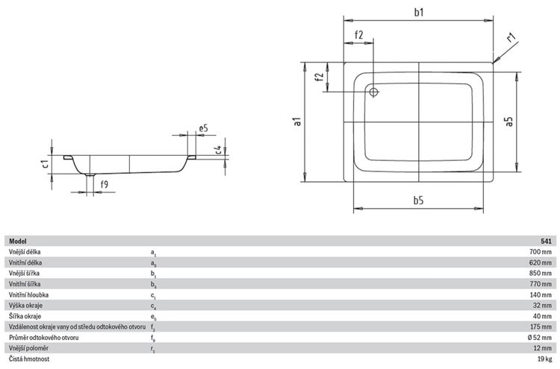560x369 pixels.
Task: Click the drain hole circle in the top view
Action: (373, 92)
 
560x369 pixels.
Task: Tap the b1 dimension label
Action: (419, 12)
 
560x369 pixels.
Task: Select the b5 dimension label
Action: (418, 201)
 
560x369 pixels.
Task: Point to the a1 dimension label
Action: (297, 122)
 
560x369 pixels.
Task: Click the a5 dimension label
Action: (509, 122)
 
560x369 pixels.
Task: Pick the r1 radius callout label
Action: (511, 37)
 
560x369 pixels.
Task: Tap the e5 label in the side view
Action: (203, 128)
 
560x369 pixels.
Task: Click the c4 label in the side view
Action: (219, 150)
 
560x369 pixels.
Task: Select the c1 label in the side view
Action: (45, 164)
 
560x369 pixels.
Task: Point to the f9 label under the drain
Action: (104, 184)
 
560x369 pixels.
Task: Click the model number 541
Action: (546, 242)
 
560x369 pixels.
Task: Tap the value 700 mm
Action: (541, 252)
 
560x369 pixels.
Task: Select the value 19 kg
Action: (544, 359)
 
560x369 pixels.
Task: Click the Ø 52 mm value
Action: (540, 338)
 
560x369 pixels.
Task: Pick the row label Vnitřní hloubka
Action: (28, 295)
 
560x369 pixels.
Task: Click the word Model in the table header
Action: (17, 242)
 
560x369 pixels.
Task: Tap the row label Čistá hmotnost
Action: (29, 359)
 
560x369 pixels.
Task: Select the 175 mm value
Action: (541, 327)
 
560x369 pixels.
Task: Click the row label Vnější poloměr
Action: (28, 348)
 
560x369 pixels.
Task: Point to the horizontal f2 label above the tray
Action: (358, 35)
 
